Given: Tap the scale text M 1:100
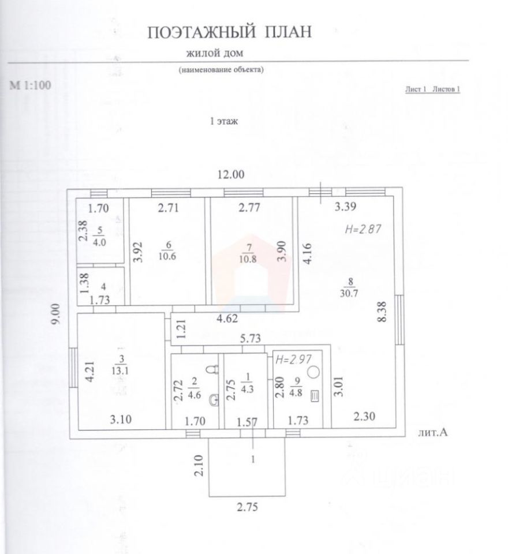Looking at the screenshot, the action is point(31,85).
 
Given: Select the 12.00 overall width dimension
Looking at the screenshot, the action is point(230,175).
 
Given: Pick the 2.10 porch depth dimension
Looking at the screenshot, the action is point(200,465).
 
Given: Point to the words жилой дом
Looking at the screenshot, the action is point(215,54).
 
